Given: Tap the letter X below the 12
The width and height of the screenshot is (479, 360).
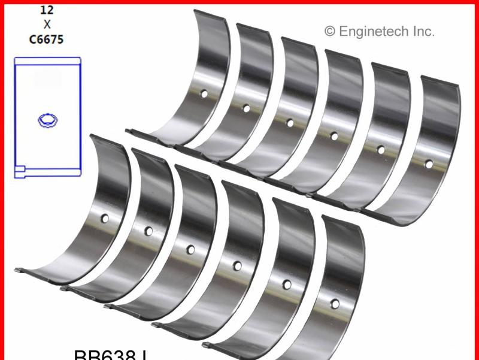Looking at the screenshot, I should (x=47, y=24).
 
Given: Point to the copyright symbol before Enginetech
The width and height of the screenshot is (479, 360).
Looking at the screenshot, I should (x=330, y=31).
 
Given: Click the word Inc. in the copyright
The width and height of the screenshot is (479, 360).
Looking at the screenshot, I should (x=422, y=31).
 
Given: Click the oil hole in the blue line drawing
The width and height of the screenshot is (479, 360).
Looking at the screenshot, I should (x=47, y=120).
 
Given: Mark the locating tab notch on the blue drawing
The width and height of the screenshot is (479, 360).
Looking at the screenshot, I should (x=20, y=172).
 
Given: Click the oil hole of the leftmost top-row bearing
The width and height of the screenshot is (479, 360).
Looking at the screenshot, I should (x=204, y=94).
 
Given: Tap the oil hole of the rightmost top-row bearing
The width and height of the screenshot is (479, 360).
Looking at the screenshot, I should (x=429, y=163).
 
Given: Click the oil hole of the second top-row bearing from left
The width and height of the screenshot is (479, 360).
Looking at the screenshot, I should (x=245, y=108).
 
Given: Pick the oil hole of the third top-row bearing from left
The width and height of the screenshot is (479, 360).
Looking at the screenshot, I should (x=290, y=123).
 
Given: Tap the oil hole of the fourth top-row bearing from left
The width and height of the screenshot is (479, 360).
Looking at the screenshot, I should (x=334, y=136).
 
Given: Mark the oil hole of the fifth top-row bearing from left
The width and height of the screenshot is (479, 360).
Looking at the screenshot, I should (x=380, y=149).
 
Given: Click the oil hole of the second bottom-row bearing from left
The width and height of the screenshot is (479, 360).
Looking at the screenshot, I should (x=148, y=231).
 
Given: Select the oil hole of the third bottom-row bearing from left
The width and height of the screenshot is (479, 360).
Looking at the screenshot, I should (x=190, y=249).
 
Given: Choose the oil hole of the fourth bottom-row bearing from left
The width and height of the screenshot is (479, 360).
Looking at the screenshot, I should (x=238, y=265).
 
